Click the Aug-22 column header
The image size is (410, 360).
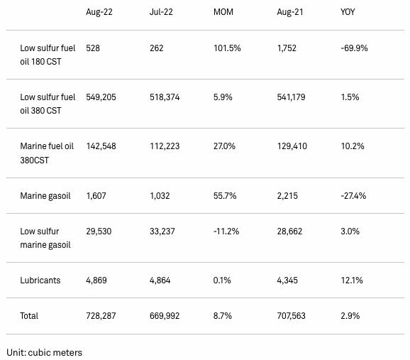click(99, 12)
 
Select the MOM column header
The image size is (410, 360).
click(223, 12)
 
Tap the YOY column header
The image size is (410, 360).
click(348, 12)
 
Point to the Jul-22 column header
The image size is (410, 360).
click(161, 12)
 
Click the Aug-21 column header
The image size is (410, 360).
click(290, 12)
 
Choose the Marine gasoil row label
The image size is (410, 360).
click(45, 196)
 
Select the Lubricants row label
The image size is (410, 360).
click(40, 280)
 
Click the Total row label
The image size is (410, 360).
click(29, 316)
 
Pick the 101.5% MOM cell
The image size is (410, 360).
click(227, 48)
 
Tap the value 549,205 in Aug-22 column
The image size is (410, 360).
click(101, 97)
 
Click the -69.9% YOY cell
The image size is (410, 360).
click(354, 48)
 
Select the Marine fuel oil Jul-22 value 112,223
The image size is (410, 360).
click(165, 146)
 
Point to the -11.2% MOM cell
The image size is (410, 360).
click(226, 231)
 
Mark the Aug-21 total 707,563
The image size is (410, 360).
click(292, 316)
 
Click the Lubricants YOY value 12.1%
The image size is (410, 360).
click(352, 280)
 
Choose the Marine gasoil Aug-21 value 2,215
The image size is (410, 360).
click(287, 196)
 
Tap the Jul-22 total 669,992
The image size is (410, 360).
click(165, 316)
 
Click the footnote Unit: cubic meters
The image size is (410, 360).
click(45, 353)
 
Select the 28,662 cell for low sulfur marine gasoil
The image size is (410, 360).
click(289, 231)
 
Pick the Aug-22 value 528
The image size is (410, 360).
click(93, 48)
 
